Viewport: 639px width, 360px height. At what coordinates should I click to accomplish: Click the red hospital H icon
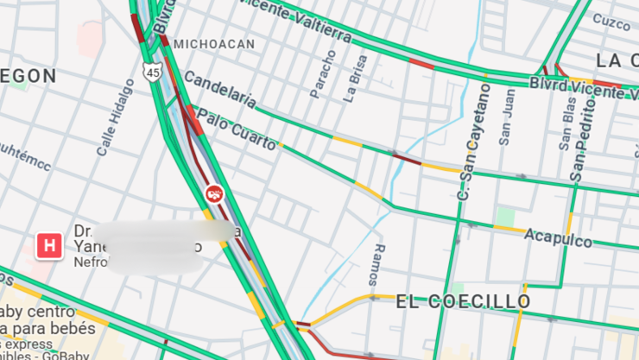49,245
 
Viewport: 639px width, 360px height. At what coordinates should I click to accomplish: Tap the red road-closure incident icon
214,194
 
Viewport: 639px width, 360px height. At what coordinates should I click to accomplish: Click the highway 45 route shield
153,73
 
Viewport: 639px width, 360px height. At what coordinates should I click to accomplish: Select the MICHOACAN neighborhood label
214,43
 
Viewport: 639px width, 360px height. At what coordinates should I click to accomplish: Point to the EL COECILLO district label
464,301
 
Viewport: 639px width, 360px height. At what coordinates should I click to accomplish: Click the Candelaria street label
220,90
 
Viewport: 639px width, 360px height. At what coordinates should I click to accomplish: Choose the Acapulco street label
558,237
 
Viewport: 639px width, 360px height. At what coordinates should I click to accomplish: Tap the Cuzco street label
611,22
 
